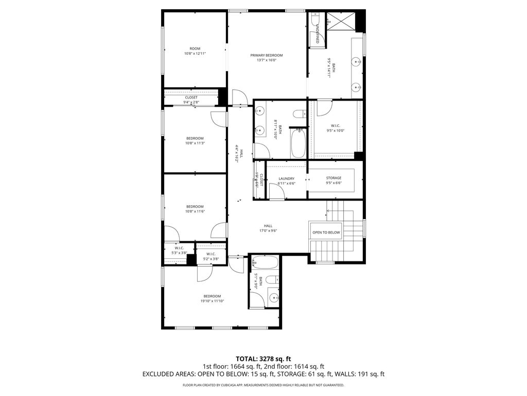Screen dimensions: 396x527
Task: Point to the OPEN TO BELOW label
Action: (326, 233)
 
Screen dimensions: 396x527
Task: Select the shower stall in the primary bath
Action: (341, 22)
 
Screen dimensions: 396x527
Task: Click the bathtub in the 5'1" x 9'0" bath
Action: (266, 263)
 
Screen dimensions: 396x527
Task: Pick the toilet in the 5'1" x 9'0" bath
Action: (273, 280)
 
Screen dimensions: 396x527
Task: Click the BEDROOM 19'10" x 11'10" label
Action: (212, 299)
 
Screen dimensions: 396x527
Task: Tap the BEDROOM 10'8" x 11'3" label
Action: (195, 140)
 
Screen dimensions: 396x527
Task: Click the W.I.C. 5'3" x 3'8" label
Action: (180, 250)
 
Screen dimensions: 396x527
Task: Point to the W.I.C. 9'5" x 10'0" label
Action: (335, 128)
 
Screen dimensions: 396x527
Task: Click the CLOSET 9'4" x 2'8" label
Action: (191, 100)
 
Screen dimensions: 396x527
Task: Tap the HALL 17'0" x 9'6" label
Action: (268, 228)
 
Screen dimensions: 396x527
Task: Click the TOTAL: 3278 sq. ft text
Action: (263, 358)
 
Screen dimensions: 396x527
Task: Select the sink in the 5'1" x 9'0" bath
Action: (272, 298)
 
